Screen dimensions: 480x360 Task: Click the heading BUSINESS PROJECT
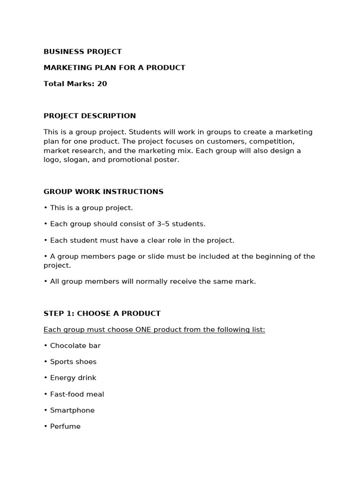(x=82, y=52)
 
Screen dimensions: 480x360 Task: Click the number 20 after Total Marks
(x=102, y=84)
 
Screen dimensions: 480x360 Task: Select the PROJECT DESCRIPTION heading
(x=90, y=116)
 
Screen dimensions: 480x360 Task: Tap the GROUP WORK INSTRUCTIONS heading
(x=103, y=192)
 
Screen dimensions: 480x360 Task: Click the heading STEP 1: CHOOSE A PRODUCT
(x=102, y=313)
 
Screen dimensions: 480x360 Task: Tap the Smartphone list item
(x=72, y=410)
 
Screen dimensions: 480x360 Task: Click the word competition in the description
(x=272, y=141)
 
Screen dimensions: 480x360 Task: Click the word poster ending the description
(x=168, y=160)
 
